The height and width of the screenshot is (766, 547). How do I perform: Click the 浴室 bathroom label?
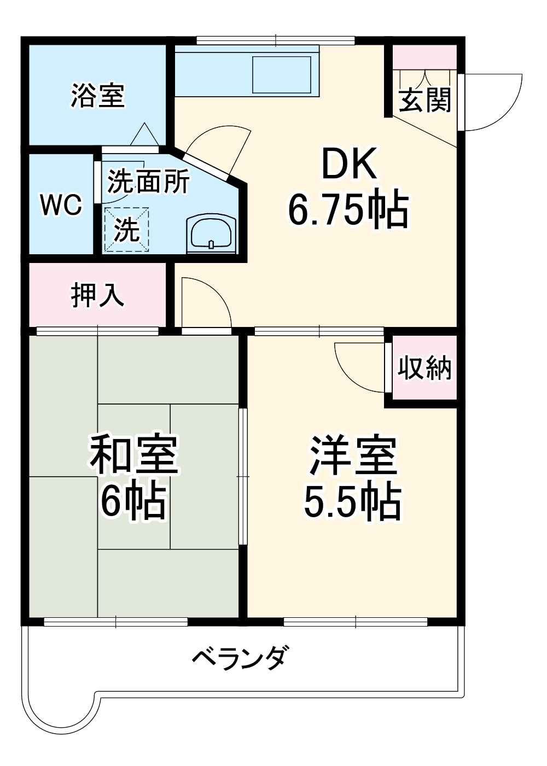coord(98,95)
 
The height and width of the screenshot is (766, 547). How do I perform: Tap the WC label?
coord(61,204)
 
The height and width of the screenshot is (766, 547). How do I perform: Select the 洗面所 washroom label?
coord(148,181)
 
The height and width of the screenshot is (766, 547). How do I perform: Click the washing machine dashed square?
coord(126,229)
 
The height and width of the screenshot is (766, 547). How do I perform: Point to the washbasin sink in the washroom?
coord(211,233)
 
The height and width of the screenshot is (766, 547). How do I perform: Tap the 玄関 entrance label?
coord(424,101)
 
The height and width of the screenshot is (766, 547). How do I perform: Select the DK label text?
coord(349,164)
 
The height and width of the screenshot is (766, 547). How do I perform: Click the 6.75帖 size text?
coord(348,209)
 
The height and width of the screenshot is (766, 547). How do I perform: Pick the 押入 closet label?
coord(97,295)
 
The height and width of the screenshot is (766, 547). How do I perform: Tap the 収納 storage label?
coord(424,368)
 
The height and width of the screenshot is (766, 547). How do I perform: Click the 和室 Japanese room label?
coord(134,455)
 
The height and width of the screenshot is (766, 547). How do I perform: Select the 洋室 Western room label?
coord(353,455)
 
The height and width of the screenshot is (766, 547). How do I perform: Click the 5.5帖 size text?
coord(353,501)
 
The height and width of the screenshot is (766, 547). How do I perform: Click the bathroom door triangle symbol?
coord(145,135)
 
